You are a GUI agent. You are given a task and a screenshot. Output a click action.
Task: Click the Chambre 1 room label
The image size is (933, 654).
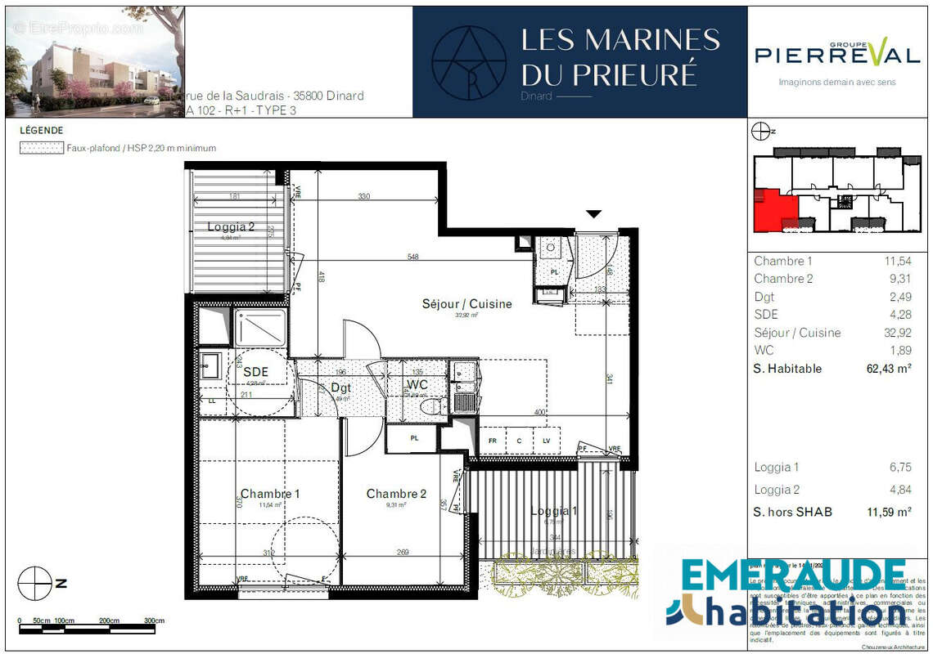[269, 494]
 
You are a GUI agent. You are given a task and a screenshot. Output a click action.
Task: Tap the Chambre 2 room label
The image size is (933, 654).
[396, 494]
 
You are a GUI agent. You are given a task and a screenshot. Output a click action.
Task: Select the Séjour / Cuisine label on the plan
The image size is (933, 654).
[466, 304]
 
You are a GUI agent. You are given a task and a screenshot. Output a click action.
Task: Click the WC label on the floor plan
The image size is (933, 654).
[417, 384]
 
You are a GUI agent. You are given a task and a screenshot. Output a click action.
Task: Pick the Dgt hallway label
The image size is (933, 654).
[340, 388]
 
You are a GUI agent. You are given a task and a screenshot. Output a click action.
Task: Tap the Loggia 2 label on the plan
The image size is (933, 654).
[231, 227]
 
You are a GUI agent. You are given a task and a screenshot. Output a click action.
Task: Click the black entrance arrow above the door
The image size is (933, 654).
[593, 214]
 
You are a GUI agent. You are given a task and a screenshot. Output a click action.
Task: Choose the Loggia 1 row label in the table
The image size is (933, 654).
[777, 468]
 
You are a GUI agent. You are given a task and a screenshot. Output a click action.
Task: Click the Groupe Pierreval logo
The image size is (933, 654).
[836, 55]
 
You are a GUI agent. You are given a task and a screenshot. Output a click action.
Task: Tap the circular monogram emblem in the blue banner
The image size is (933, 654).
[469, 62]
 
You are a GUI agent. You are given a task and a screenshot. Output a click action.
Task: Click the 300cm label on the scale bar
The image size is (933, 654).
[154, 621]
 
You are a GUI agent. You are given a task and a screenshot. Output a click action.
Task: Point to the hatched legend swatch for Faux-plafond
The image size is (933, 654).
[41, 148]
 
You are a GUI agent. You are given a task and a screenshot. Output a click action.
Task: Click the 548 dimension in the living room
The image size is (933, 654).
[412, 258]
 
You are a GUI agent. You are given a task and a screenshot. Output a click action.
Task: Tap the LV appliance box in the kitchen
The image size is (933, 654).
[546, 441]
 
